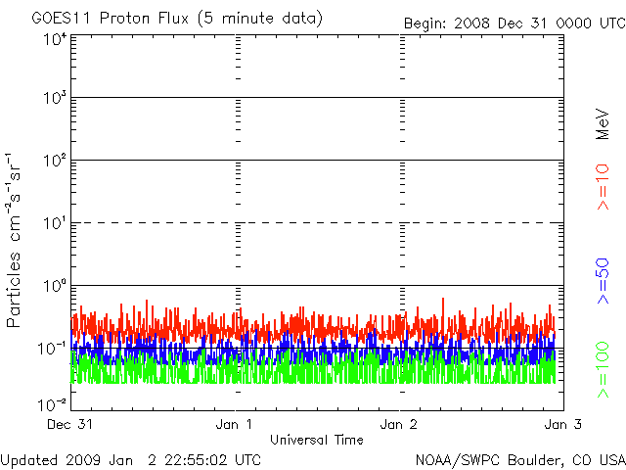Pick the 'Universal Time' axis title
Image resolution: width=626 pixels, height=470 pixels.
[x=317, y=440]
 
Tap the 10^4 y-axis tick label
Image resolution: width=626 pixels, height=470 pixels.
[x=55, y=38]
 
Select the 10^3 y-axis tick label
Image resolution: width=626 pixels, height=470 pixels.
[x=55, y=99]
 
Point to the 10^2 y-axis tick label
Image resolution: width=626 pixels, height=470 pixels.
[x=55, y=162]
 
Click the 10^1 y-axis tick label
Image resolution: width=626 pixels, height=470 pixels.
[x=55, y=224]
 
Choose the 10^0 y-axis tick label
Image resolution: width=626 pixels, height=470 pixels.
[x=55, y=287]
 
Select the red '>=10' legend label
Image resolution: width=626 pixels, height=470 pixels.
[x=604, y=187]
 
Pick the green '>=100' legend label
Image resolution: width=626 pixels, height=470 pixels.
[x=604, y=369]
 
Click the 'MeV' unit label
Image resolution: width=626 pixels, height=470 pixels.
[x=604, y=123]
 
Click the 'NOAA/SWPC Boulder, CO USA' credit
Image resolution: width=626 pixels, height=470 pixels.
[x=518, y=459]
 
